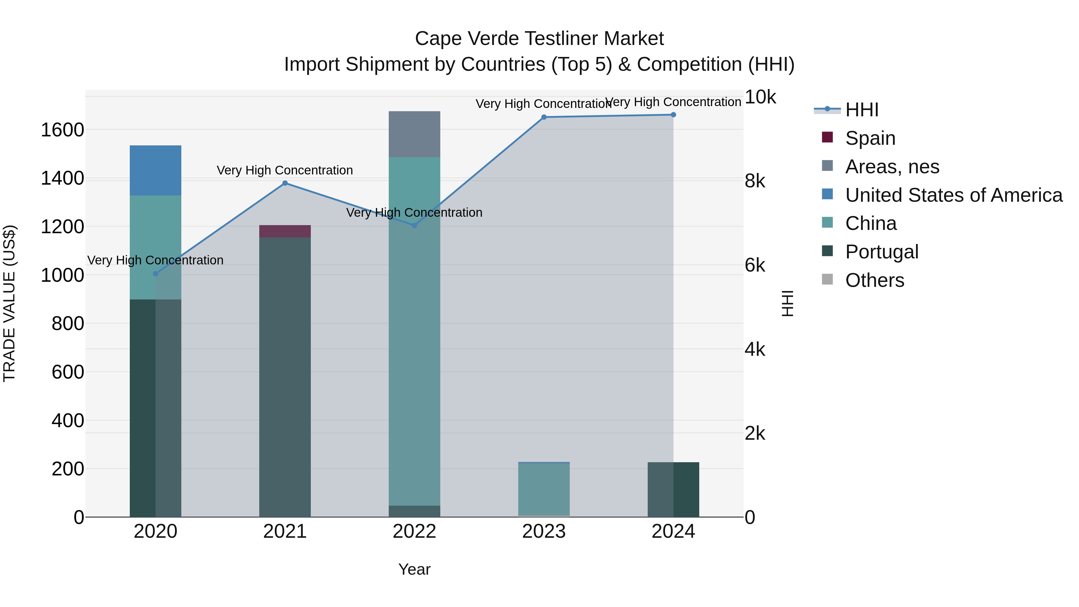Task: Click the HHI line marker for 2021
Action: click(285, 183)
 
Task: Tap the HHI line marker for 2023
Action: click(544, 117)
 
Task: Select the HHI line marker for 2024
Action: click(673, 115)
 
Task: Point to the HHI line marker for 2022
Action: click(414, 225)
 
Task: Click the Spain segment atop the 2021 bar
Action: click(285, 231)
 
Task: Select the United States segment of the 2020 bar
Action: click(155, 171)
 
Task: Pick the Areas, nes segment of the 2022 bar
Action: click(414, 134)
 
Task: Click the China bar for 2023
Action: click(544, 489)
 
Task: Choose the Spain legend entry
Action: click(870, 138)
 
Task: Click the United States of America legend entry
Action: click(954, 195)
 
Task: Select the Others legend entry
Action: click(875, 280)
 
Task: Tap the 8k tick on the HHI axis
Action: click(755, 181)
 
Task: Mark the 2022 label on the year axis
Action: click(414, 531)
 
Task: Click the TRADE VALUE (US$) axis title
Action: click(9, 303)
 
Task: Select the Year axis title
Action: click(414, 569)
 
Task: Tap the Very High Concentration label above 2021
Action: click(285, 171)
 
